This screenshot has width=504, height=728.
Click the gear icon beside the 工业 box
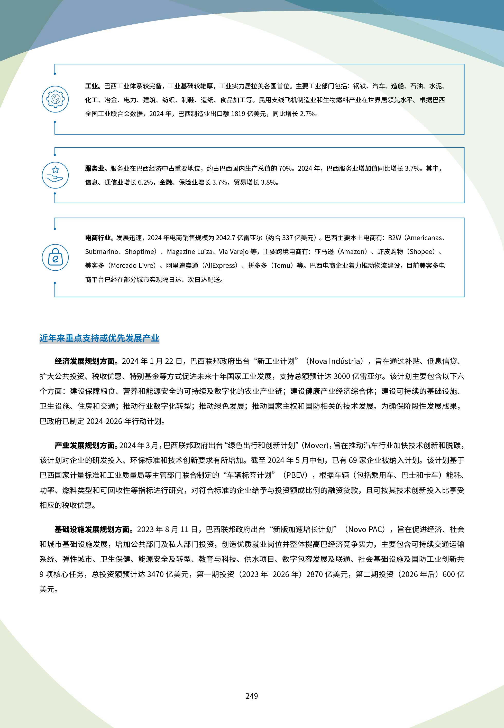(55, 99)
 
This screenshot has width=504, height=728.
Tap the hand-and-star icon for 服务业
(55, 175)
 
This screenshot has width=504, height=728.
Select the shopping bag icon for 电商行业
(55, 257)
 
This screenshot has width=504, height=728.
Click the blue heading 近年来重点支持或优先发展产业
(99, 338)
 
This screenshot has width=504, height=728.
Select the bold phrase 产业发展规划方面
(86, 445)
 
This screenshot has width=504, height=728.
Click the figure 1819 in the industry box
(238, 114)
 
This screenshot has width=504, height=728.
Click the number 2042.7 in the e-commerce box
(226, 238)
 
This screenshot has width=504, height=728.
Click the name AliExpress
(219, 266)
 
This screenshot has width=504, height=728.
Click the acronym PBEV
(296, 475)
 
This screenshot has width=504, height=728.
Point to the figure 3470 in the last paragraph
(155, 574)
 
